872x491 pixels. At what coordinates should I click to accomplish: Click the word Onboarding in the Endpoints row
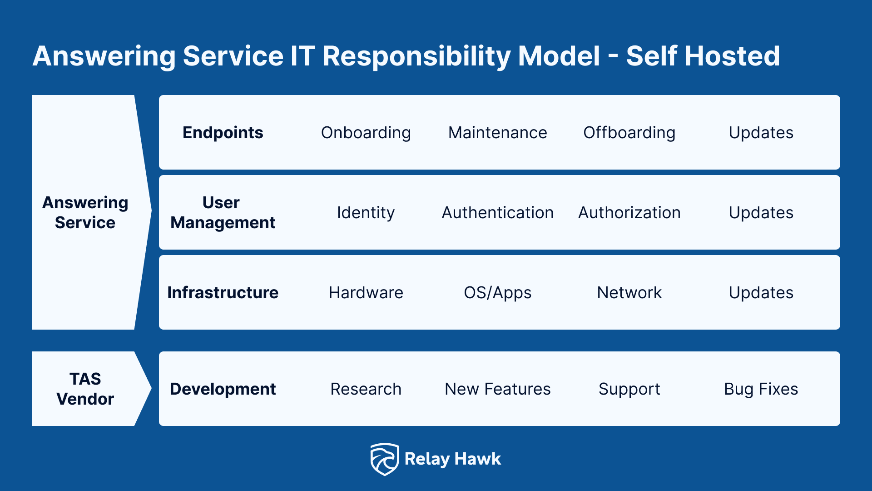coord(366,133)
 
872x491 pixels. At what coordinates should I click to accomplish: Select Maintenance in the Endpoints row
coord(497,133)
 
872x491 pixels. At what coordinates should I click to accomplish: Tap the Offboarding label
coord(629,133)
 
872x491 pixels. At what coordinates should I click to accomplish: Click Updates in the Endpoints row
coord(761,133)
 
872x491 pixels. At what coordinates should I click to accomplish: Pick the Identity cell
coord(366,213)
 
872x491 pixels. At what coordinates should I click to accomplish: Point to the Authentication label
coord(497,213)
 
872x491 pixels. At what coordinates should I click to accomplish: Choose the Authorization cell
coord(629,213)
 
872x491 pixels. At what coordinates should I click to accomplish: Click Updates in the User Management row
coord(761,213)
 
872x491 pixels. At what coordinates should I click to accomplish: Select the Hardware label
coord(366,293)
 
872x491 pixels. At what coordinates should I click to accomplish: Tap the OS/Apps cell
coord(497,293)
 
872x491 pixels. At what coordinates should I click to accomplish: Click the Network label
coord(629,293)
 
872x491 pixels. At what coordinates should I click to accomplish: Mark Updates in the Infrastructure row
coord(761,293)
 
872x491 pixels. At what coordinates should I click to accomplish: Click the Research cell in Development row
coord(366,389)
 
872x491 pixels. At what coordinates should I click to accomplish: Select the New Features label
coord(497,389)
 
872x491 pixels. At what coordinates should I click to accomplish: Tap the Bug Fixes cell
coord(761,389)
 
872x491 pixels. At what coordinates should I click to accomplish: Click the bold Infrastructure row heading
coord(223,293)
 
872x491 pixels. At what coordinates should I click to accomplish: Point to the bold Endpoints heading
coord(223,133)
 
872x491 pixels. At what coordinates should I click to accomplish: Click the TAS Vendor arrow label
coord(85,389)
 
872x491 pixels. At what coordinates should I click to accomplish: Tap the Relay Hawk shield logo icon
coord(384,459)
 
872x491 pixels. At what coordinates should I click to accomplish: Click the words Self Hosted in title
coord(703,56)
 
